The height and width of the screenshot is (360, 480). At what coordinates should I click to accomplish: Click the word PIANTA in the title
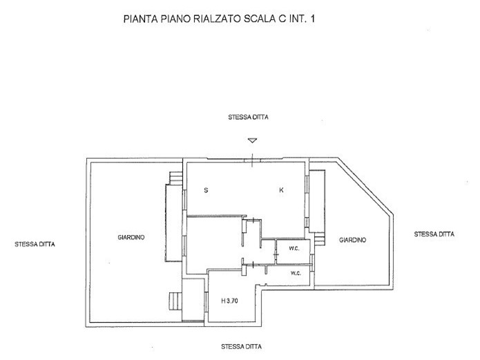pos(141,19)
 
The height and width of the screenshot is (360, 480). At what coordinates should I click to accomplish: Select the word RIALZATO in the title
pos(218,19)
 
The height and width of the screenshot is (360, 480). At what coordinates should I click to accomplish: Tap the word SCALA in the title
pos(260,19)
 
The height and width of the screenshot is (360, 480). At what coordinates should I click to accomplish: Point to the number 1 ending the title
pos(312,19)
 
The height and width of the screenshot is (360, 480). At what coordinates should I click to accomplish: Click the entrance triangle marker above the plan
pos(252,140)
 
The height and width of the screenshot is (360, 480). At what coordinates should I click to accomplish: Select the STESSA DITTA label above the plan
pos(248,117)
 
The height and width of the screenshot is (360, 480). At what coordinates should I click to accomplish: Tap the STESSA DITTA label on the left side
pos(35,244)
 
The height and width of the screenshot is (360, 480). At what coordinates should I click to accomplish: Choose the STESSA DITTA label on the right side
pos(434,234)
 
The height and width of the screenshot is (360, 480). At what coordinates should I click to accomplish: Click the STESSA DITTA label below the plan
pos(242,346)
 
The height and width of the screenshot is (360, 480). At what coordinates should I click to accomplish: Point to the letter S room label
pos(206,190)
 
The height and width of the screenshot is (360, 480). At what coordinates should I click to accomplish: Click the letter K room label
pos(281,190)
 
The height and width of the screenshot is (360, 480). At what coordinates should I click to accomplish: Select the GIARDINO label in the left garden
pos(131,237)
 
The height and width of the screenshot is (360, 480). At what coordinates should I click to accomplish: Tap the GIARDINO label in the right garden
pos(353,240)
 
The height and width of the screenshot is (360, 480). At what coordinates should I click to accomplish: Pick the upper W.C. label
pos(294,249)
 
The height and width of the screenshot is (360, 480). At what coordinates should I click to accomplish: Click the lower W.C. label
pos(296,274)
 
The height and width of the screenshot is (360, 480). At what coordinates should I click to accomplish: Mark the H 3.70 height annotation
pos(229,301)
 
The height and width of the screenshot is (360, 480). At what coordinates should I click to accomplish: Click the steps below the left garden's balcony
pos(175,301)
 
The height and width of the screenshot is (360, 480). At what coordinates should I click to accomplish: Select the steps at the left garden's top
pos(176,178)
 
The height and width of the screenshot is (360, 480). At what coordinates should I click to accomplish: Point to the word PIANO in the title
pos(175,19)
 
